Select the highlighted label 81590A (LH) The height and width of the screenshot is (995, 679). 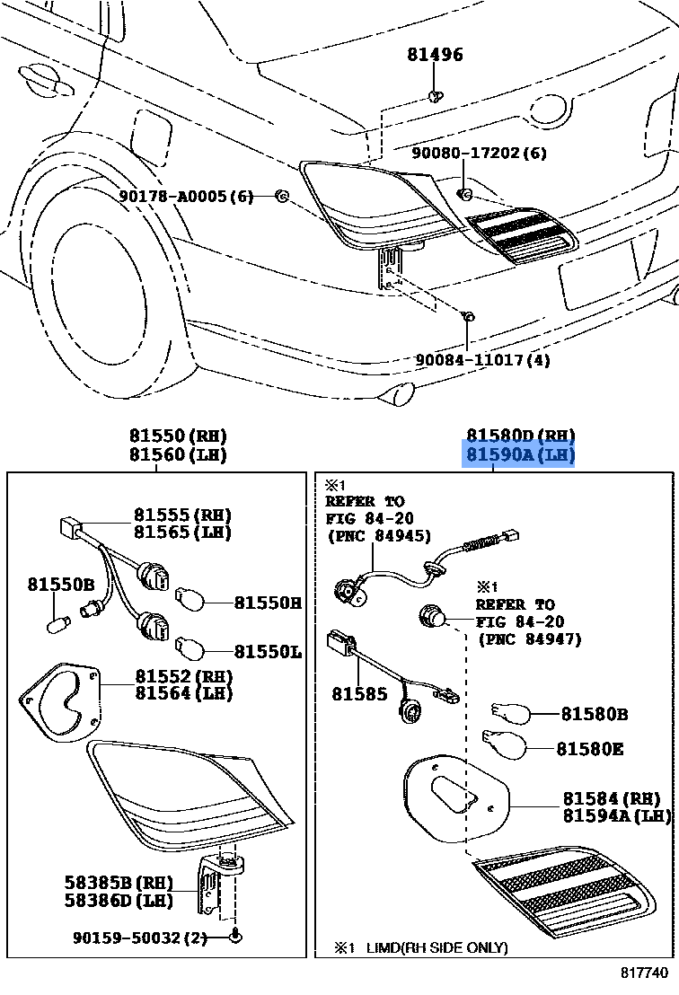point(519,455)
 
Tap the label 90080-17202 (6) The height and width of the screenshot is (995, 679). point(479,154)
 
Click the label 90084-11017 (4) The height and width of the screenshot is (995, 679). point(482,360)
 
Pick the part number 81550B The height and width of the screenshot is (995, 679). point(60,585)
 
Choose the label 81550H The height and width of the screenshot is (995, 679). point(268,603)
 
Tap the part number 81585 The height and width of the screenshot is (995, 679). point(360,694)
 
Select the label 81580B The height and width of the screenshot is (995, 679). point(594,715)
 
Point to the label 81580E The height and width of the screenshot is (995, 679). point(589,748)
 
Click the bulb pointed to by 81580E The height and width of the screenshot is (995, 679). point(502,744)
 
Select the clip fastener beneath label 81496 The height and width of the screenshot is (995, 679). point(435,94)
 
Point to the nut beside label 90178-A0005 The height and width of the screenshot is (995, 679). point(280,196)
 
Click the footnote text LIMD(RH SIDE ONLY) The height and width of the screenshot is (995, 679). point(436,947)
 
